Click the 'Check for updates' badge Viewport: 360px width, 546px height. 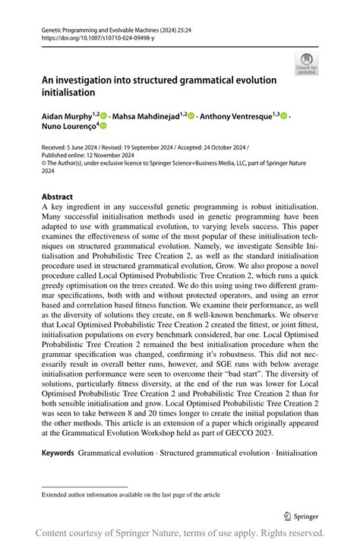[x=307, y=64]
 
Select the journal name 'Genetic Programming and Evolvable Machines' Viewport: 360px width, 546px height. [x=94, y=28]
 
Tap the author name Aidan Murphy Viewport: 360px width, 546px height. [x=65, y=116]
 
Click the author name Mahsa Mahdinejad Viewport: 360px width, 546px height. [x=146, y=116]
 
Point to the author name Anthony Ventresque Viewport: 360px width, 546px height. [x=235, y=116]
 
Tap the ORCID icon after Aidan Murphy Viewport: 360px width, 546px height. [x=104, y=116]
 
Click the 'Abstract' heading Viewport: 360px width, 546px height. [x=57, y=197]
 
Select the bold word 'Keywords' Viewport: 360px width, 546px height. [x=58, y=453]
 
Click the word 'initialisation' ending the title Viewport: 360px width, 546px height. [x=68, y=92]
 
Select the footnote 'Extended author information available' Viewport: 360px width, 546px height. [x=91, y=494]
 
